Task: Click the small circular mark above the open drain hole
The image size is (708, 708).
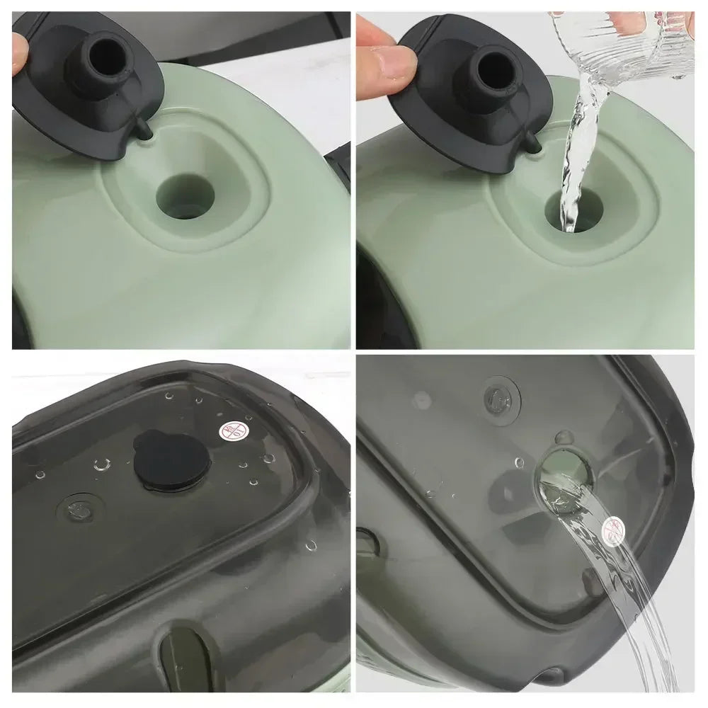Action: coord(498,395)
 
